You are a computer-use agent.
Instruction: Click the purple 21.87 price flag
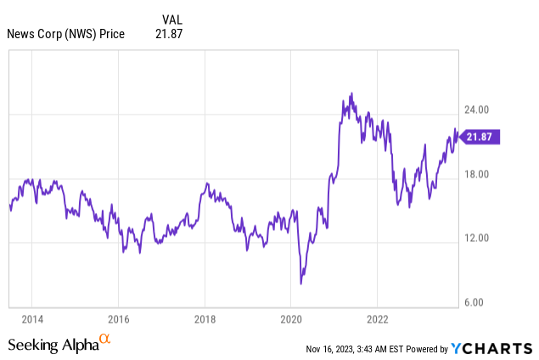tap(480, 137)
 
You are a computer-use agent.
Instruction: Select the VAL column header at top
tap(171, 18)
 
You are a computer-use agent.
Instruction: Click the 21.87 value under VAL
tap(169, 34)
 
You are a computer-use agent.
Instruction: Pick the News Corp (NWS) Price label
tap(65, 34)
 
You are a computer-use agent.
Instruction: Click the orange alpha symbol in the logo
tap(105, 339)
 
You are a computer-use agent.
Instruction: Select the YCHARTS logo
tap(491, 348)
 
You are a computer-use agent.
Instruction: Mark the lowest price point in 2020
tap(301, 284)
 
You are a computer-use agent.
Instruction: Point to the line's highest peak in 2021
tap(351, 93)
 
